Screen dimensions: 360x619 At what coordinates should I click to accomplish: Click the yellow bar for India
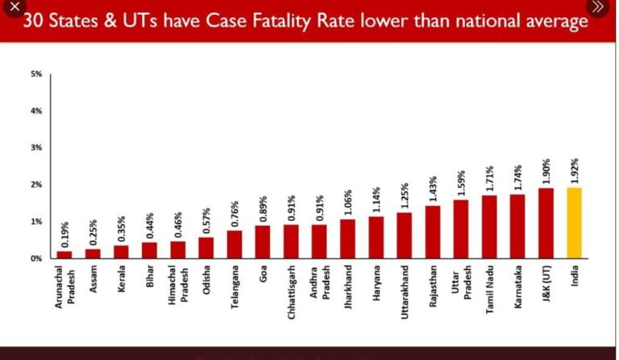[x=575, y=223]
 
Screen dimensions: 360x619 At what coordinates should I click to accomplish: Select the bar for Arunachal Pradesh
[x=64, y=254]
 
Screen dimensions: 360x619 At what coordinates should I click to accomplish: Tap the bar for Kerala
[x=121, y=251]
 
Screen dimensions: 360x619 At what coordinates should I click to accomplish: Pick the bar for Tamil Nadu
[x=489, y=226]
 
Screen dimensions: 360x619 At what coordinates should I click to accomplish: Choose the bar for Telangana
[x=235, y=244]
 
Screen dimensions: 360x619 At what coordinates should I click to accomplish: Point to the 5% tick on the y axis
[x=36, y=74]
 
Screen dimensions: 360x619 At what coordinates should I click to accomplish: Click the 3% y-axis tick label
[x=36, y=148]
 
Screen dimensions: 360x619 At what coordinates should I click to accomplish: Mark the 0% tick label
[x=36, y=259]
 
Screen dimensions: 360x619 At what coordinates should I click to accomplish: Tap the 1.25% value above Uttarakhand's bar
[x=405, y=196]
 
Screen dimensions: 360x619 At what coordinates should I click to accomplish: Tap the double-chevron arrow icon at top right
[x=596, y=7]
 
